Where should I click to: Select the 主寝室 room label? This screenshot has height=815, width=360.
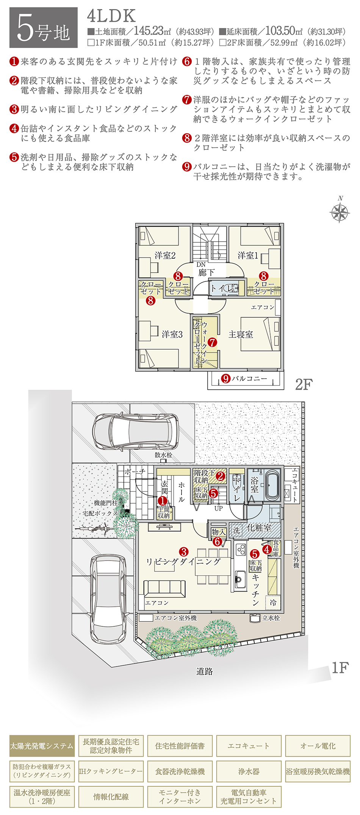coord(241,334)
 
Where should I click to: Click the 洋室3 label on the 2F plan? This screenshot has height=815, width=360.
coord(172,334)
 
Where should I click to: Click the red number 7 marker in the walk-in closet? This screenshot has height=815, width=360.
coord(213,342)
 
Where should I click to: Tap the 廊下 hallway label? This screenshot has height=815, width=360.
coord(207,272)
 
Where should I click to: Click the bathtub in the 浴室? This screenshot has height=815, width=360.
coord(273,486)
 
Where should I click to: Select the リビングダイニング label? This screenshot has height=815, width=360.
coord(183,562)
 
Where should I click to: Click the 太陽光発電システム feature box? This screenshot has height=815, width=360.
coord(42,746)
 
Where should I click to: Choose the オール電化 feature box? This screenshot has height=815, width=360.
coord(318,746)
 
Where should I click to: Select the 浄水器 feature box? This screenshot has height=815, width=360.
coord(249,771)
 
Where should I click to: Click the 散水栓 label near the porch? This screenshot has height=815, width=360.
coord(163,455)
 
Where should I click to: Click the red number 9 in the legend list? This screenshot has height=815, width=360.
coord(187,167)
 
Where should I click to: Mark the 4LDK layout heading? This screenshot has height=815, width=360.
coord(111,16)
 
